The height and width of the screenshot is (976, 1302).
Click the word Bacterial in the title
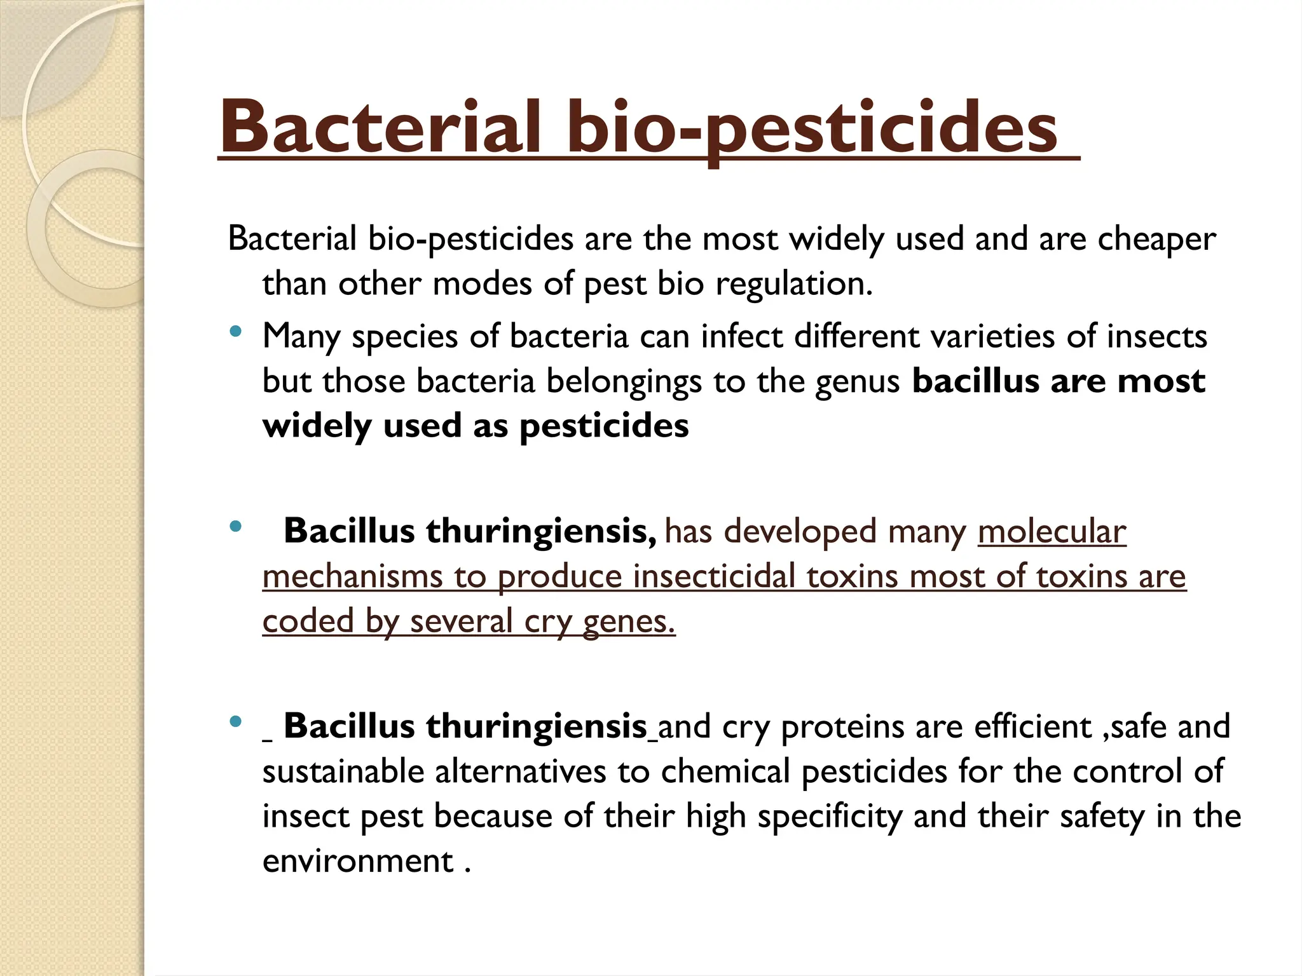[380, 127]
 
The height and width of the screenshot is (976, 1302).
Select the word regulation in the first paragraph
[794, 284]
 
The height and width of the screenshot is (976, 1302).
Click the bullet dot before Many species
[236, 331]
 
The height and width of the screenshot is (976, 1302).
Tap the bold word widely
[317, 426]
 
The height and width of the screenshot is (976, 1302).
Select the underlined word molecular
[1052, 531]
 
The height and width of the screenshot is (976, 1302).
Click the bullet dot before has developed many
[236, 526]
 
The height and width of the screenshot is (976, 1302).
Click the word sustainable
[343, 772]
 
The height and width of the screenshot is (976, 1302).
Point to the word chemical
[725, 772]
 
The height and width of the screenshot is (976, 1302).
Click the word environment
[357, 862]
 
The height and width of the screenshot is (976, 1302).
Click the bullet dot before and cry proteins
[236, 721]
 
